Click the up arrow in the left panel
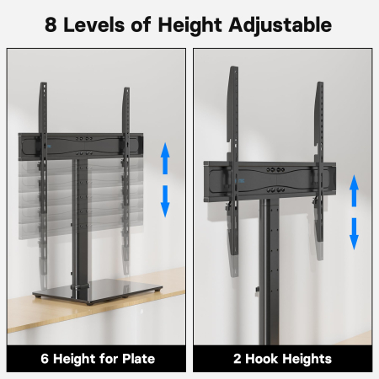point(167,157)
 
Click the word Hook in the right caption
point(262,359)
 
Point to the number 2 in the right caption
point(238,359)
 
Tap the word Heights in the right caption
point(307,359)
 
